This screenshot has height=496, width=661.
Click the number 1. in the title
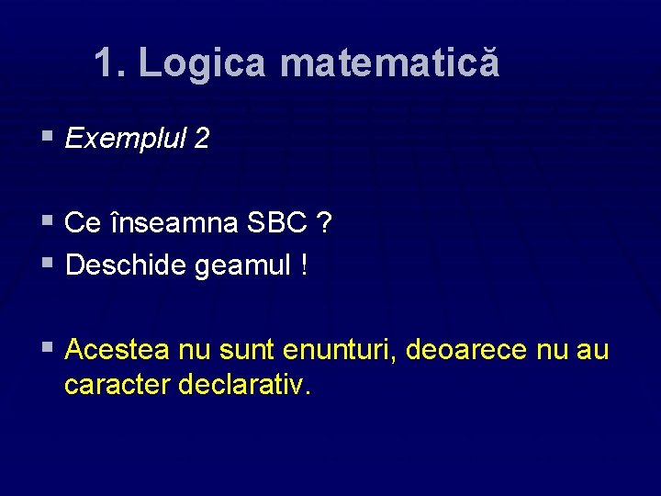(x=111, y=63)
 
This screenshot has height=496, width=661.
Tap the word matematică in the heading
(x=389, y=63)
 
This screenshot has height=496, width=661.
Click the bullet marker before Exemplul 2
(x=48, y=137)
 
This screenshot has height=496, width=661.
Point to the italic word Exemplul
(x=124, y=139)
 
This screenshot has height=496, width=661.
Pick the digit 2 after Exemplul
(x=201, y=139)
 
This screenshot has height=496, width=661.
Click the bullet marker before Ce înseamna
(x=48, y=221)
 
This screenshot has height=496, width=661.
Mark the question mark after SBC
(x=326, y=223)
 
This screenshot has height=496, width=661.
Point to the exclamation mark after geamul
(x=303, y=266)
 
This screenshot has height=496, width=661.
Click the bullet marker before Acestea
(x=48, y=348)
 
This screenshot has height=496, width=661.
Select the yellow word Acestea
(x=118, y=351)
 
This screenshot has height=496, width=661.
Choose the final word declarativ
(x=245, y=385)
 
